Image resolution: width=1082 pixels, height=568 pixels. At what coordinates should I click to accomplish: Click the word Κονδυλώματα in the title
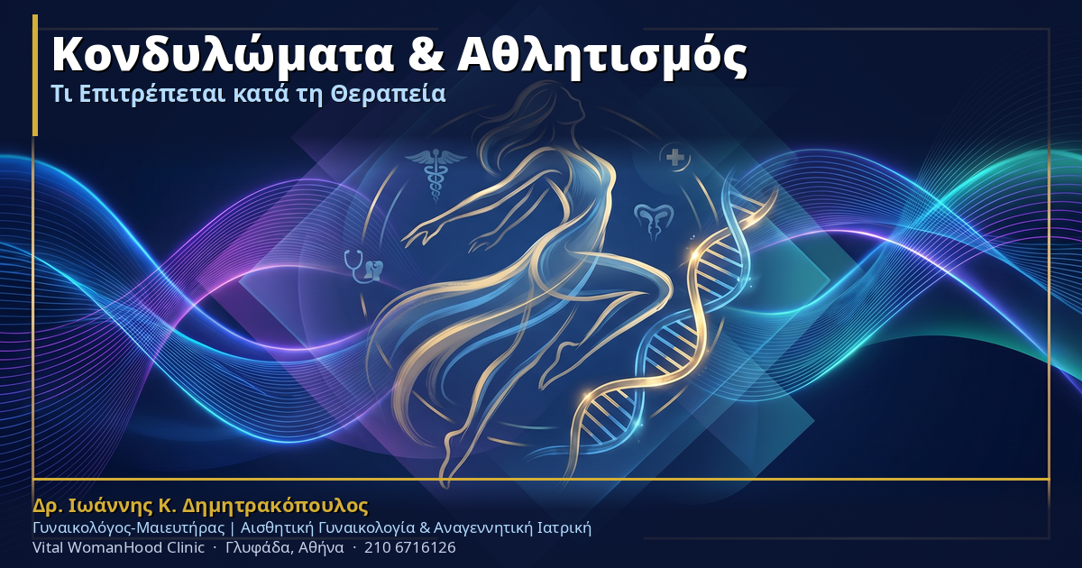[223, 56]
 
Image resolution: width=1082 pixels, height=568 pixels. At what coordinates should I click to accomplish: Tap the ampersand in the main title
[426, 55]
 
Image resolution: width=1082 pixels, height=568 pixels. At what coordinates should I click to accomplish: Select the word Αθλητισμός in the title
[602, 56]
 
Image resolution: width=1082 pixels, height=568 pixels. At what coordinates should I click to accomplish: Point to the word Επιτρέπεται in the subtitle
[152, 95]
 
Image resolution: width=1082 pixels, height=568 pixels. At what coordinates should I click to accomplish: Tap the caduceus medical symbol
[436, 175]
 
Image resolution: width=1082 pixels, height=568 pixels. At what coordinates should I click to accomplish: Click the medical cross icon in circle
[674, 158]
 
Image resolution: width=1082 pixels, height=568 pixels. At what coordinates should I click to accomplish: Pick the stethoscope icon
[363, 266]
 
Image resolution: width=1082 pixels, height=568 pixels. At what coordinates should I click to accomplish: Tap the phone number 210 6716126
[409, 548]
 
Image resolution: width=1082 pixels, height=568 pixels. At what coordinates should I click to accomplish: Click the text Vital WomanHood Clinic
[118, 548]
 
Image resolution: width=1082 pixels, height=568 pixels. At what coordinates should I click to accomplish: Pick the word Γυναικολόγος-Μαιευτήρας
[128, 528]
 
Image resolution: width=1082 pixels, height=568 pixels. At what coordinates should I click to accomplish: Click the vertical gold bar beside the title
[35, 75]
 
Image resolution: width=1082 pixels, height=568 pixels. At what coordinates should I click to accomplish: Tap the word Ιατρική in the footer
[564, 528]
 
